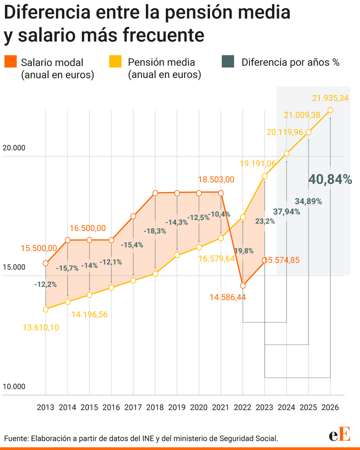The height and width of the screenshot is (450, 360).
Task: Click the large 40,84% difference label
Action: coord(330,180)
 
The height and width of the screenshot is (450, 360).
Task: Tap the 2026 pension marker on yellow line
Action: coord(330,110)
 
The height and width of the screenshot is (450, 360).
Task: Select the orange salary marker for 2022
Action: coord(243,285)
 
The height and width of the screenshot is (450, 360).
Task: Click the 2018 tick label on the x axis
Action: coord(155,408)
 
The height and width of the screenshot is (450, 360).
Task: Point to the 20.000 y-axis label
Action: coord(14,148)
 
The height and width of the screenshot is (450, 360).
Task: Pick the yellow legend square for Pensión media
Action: coord(115,61)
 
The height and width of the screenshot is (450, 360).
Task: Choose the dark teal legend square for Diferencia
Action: coord(228,61)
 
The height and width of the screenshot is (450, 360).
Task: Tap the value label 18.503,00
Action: coord(216,180)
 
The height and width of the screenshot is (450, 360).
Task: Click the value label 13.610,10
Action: coord(40,327)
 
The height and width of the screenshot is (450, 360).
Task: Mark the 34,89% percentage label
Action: coord(308,201)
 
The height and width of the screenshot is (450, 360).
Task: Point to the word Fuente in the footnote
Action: coord(16,438)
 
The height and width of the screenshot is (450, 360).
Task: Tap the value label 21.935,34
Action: coord(330,98)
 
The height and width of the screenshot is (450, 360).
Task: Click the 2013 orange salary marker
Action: coord(46,263)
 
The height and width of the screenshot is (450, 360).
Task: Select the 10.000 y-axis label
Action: coord(14,387)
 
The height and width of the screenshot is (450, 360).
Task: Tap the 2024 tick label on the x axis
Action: coord(286,408)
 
